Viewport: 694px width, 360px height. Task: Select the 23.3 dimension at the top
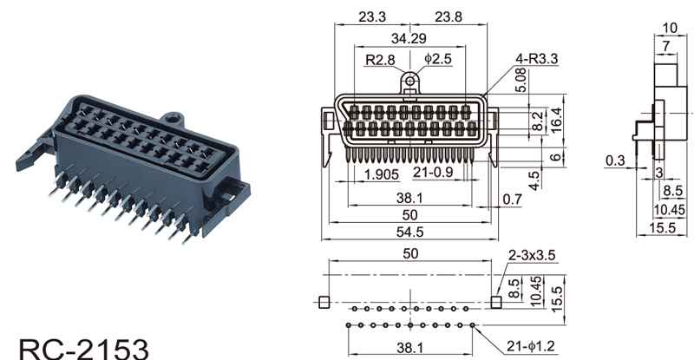[x=374, y=16]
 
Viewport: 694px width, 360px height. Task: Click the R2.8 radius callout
[x=378, y=60]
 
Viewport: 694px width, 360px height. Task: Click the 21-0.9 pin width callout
[x=435, y=173]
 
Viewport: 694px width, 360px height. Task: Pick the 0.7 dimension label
[x=513, y=200]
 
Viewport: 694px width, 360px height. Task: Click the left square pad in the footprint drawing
[x=324, y=302]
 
